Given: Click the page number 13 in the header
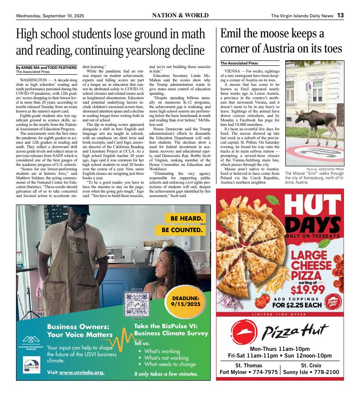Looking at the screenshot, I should (x=340, y=15).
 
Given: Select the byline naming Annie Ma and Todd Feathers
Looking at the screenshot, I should (x=46, y=67).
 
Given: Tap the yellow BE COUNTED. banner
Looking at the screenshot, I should (x=182, y=230).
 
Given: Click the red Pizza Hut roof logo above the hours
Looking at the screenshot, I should (x=244, y=331).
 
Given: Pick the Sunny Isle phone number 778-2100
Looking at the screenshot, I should (x=324, y=372).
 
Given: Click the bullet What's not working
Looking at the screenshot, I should (x=166, y=358).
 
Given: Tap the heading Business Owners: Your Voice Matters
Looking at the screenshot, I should (x=80, y=330).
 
